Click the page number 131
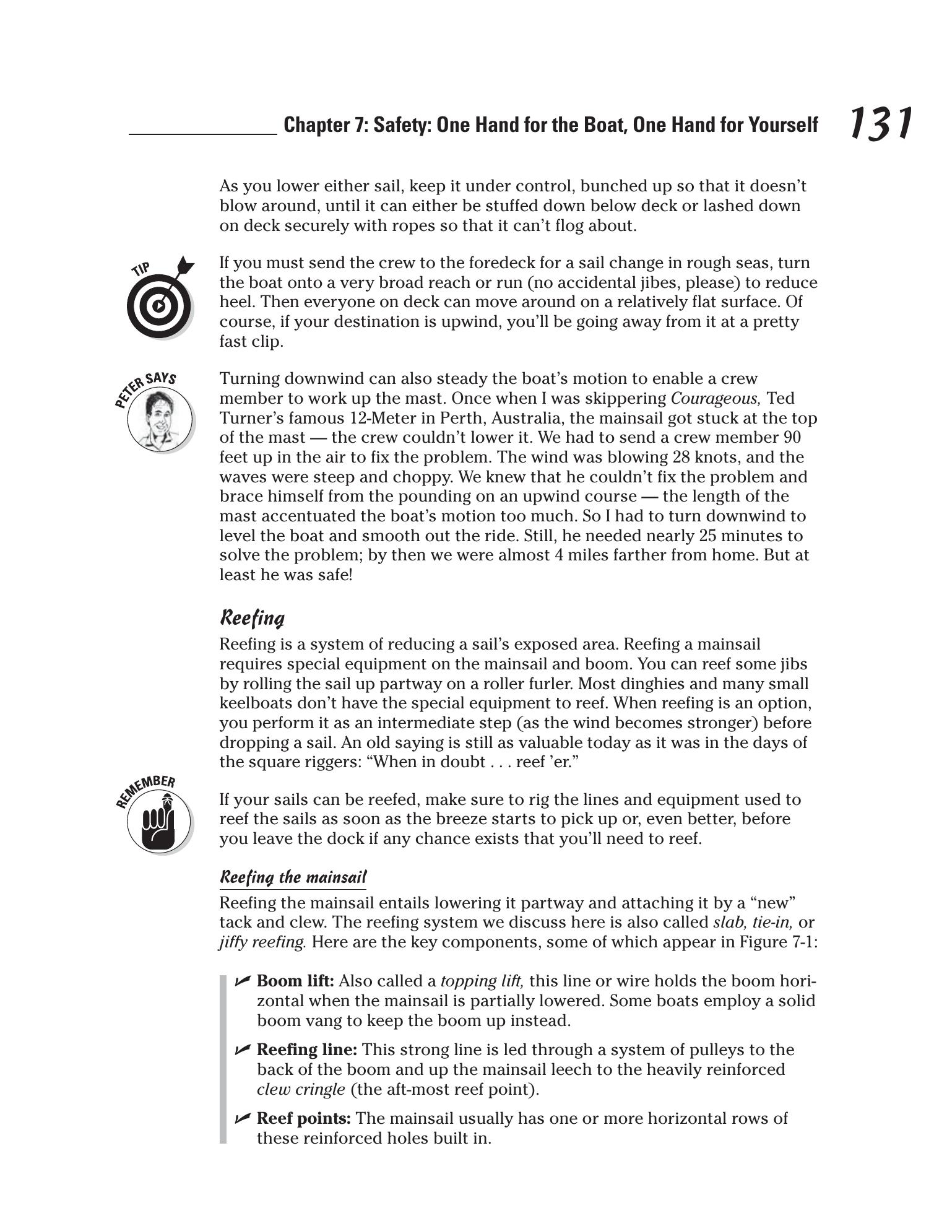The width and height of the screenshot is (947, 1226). [880, 123]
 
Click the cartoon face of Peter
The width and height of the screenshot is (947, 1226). [160, 420]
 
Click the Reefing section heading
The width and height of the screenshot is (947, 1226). [252, 618]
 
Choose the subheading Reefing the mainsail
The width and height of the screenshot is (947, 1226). [293, 877]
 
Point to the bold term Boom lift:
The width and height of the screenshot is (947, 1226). [295, 981]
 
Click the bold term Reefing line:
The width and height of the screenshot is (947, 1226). [306, 1050]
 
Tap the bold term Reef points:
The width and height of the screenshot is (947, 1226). [303, 1119]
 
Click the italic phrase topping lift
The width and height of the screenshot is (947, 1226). [482, 981]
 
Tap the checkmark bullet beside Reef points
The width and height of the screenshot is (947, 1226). [243, 1118]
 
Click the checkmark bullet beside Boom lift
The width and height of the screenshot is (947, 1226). [243, 981]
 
